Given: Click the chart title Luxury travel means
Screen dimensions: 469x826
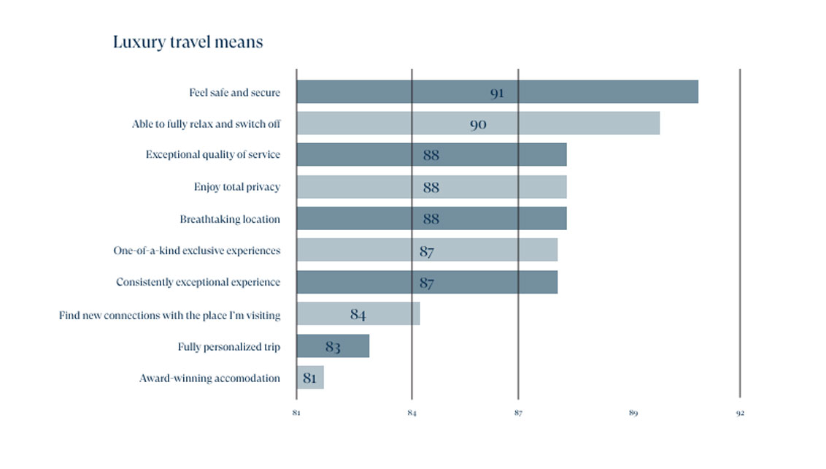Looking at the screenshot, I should click(x=188, y=42).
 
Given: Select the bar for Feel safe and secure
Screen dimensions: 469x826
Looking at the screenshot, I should click(x=497, y=92).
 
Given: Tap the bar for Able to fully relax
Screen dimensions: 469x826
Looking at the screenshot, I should click(x=478, y=123).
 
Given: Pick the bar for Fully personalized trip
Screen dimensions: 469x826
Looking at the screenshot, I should click(x=333, y=346).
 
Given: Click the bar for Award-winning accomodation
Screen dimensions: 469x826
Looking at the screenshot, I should click(x=310, y=378).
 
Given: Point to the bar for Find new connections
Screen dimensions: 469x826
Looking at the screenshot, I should click(x=358, y=314).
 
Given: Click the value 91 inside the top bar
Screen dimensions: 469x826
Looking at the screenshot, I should click(x=497, y=94).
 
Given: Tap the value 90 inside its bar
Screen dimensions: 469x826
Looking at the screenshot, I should click(x=478, y=125).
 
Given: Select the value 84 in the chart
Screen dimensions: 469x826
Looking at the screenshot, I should click(x=358, y=315).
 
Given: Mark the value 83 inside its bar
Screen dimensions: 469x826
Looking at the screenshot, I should click(x=333, y=347).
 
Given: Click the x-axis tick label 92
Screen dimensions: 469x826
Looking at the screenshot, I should click(x=740, y=413).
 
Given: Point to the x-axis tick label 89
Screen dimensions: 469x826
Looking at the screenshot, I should click(x=633, y=413).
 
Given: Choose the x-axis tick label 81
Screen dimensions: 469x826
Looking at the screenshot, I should click(x=296, y=413).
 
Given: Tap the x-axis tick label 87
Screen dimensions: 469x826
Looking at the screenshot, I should click(x=518, y=413).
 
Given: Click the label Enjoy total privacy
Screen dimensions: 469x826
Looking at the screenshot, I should click(x=236, y=187).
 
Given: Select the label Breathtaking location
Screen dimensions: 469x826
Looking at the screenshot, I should click(x=230, y=219).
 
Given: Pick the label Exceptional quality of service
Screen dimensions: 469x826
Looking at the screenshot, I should click(x=212, y=155).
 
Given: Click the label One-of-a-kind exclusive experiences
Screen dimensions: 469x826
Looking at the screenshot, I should click(x=196, y=251).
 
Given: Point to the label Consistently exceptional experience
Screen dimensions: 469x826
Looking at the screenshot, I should click(x=198, y=282).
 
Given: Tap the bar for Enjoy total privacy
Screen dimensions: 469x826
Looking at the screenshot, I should click(x=431, y=187).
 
